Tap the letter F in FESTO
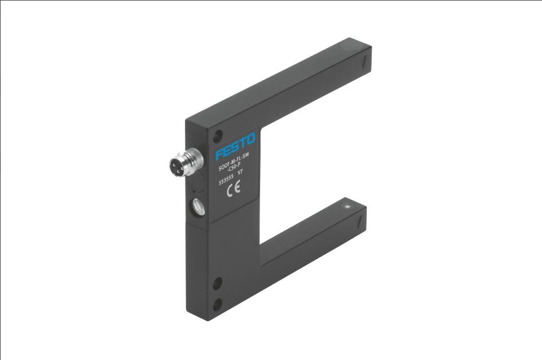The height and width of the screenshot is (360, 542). (x=219, y=154)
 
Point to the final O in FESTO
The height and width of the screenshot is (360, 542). (x=250, y=138)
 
